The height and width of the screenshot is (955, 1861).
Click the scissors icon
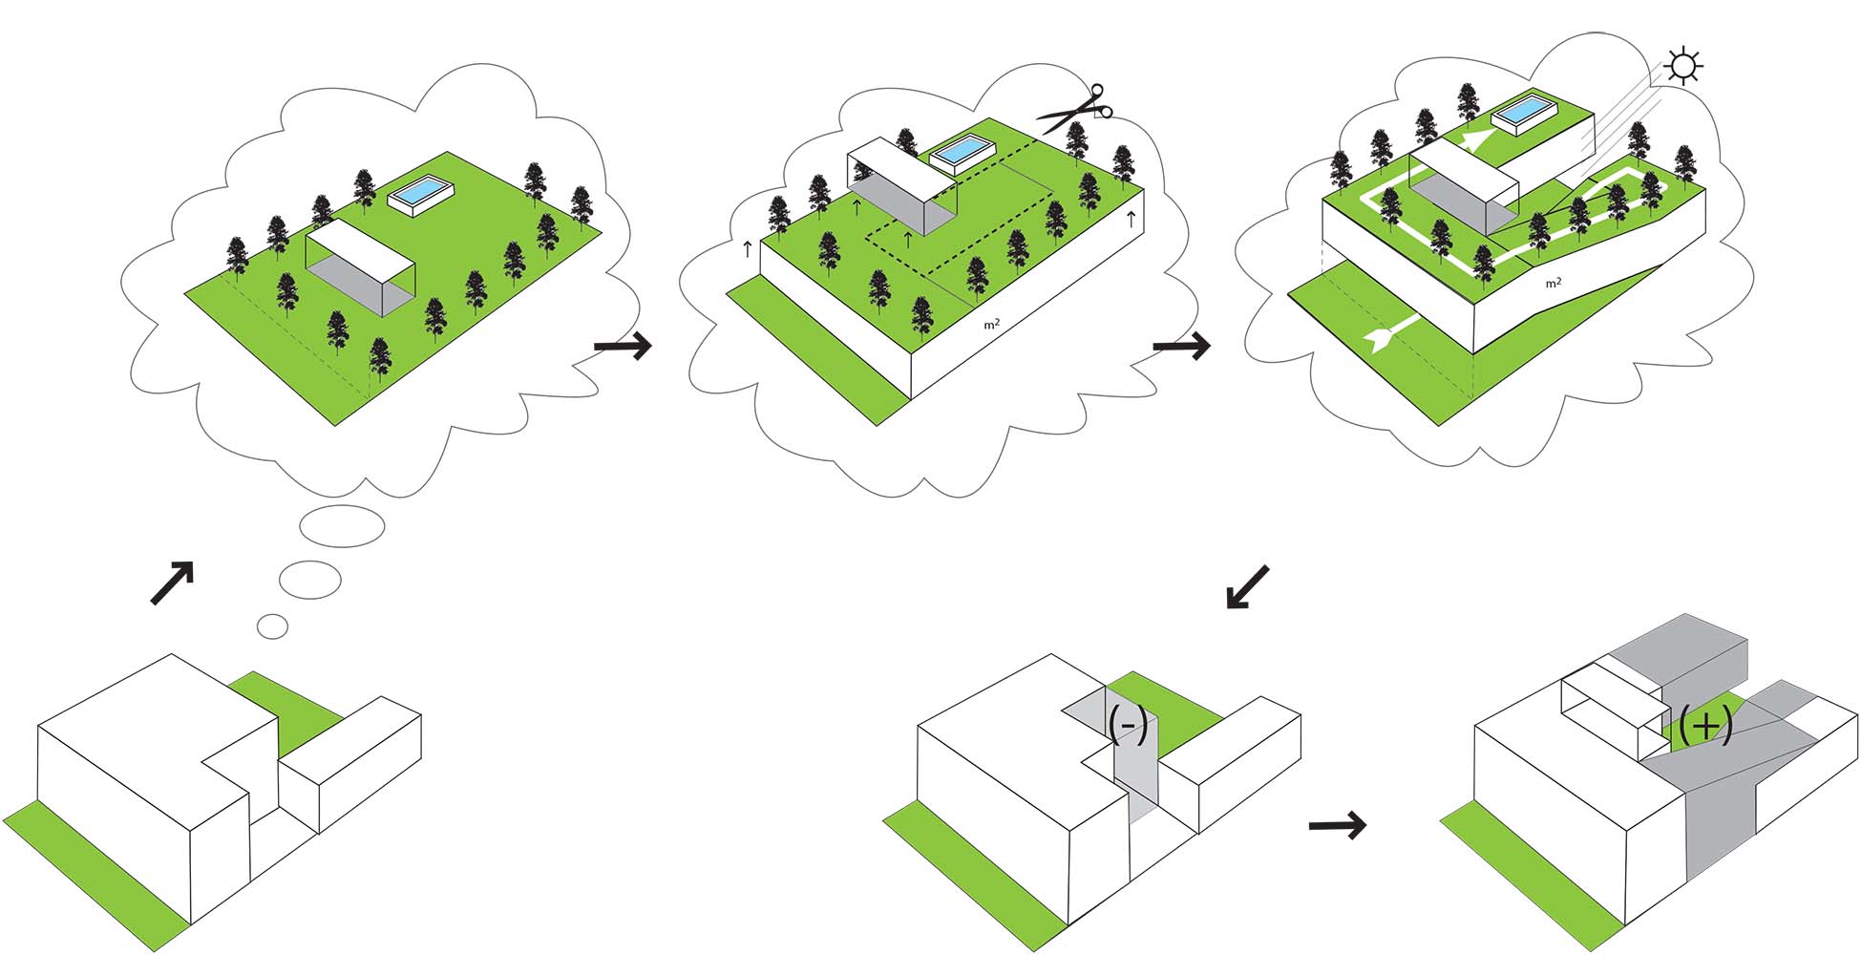point(1076,108)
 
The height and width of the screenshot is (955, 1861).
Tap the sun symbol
point(1682,66)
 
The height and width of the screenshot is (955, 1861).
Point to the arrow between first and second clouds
point(623,346)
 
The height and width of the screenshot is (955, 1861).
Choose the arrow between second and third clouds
point(1181,346)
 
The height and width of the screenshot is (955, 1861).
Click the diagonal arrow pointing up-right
point(173,582)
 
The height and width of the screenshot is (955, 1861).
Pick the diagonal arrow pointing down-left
point(1247,586)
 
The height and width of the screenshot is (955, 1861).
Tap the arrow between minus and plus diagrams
point(1337,825)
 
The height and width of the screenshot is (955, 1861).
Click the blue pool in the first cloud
point(421,192)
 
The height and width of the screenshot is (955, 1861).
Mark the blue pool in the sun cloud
point(1525,116)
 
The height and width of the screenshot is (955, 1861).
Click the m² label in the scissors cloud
point(992,325)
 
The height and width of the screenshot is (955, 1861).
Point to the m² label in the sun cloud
point(1554,283)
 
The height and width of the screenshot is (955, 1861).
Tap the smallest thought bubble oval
point(273,626)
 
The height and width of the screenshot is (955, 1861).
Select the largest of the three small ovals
point(342,525)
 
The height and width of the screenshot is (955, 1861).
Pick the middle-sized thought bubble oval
point(310,579)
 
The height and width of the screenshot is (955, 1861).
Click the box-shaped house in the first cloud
point(360,265)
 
